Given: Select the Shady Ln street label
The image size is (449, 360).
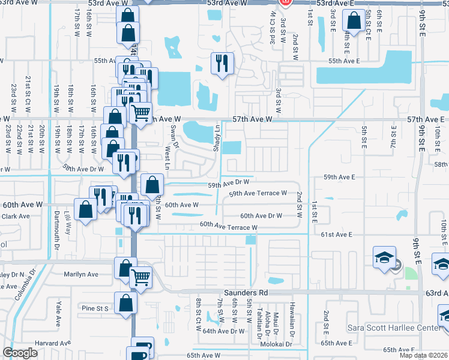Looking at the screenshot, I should pos(218,137).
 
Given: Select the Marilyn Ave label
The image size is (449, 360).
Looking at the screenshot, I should pos(81,274).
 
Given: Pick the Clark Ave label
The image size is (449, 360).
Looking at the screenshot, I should pos(16,216).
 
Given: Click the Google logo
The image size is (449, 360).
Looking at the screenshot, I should pos(20,353).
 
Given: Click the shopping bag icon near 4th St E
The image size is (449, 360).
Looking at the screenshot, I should pos(354,21).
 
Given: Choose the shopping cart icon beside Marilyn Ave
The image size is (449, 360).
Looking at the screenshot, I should pos(141,277).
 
